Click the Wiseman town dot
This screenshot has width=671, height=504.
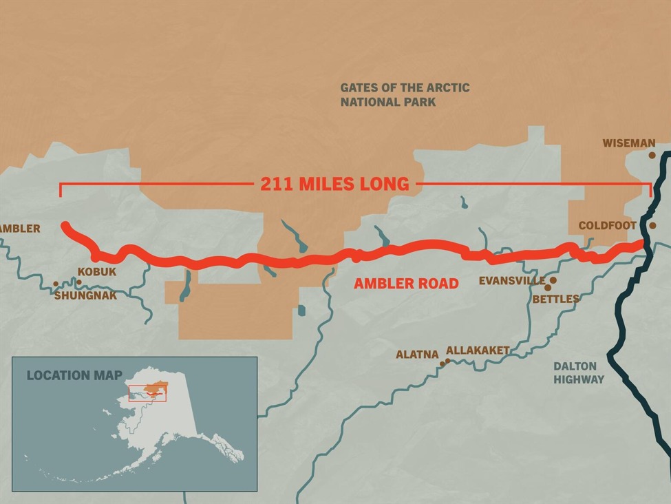click(x=652, y=156)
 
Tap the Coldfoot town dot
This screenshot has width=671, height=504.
click(x=652, y=225)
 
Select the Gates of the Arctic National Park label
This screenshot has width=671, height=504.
click(x=405, y=94)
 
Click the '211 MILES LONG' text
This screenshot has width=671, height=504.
click(x=334, y=184)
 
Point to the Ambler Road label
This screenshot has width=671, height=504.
click(x=406, y=284)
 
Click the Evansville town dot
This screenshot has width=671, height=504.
click(x=553, y=281)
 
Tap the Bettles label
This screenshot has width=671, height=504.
click(x=555, y=299)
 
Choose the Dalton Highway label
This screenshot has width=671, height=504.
click(x=579, y=372)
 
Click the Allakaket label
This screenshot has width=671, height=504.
click(x=478, y=350)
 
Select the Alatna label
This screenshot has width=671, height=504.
click(x=416, y=355)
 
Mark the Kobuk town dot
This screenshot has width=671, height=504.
click(x=78, y=282)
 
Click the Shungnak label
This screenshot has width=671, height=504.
click(x=85, y=295)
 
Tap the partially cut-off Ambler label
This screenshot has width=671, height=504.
click(x=20, y=229)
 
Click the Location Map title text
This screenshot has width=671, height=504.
click(x=74, y=375)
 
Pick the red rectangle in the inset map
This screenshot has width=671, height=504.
click(x=147, y=393)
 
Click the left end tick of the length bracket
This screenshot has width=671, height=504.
click(x=61, y=189)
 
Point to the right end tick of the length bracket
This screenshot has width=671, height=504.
click(x=651, y=189)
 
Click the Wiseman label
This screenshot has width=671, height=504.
click(x=629, y=143)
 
